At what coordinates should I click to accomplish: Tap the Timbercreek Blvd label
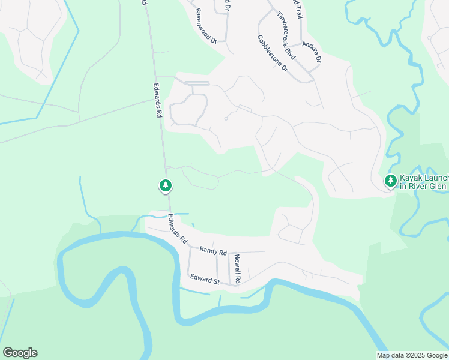287,35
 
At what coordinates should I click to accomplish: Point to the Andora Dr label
312,52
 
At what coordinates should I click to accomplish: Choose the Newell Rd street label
238,269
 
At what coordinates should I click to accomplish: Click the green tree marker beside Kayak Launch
391,180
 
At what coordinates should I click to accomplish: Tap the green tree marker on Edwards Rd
166,185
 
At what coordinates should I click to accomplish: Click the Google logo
20,353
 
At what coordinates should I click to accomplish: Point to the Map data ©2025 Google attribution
411,355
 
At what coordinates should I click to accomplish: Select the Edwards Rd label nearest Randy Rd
177,229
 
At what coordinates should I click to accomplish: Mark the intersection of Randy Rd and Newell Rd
229,253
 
